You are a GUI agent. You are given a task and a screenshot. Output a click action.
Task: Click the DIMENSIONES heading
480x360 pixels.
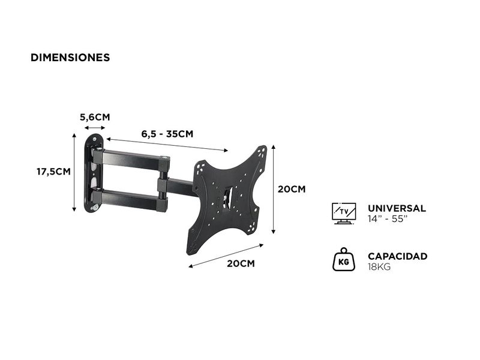[x=70, y=58]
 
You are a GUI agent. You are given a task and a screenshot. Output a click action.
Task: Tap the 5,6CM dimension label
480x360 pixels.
[x=95, y=117]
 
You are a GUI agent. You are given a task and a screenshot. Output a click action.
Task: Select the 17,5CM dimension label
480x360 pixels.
[x=53, y=172]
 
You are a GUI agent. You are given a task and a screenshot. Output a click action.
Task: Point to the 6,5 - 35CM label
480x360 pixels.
[x=167, y=134]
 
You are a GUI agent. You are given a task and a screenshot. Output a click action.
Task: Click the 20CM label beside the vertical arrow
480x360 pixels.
[x=292, y=189]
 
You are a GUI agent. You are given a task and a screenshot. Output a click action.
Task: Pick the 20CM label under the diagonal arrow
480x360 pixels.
[x=241, y=263]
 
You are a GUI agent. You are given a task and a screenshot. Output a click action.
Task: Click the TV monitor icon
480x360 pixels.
[x=344, y=213]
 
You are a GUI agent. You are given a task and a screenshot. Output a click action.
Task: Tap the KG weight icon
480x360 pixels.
[x=344, y=260]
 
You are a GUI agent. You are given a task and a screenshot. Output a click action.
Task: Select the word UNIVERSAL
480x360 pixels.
[x=397, y=208]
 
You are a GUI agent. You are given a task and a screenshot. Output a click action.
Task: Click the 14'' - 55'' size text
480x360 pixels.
[x=388, y=219]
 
